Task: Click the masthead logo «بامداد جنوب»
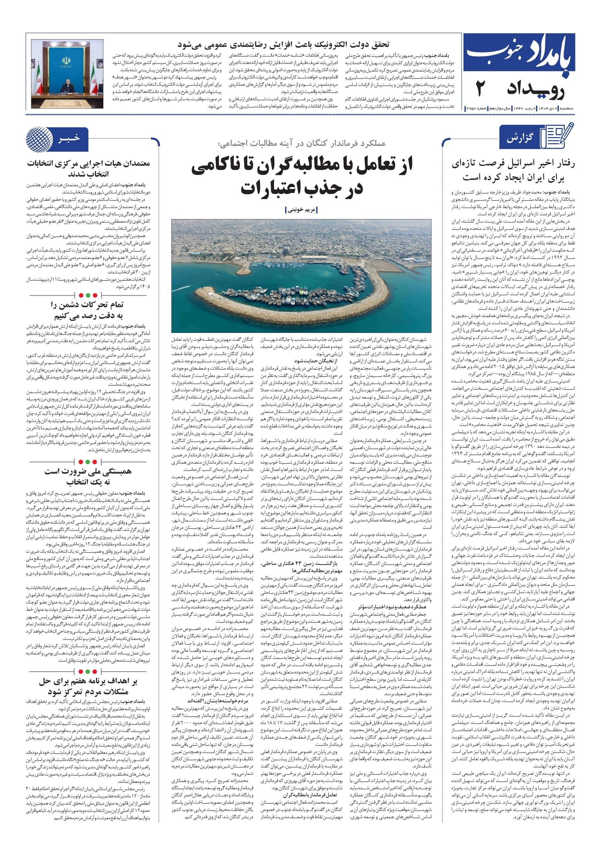tap(519, 55)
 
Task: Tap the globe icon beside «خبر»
tap(39, 139)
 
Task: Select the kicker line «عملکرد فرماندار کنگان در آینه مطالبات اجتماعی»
tap(301, 143)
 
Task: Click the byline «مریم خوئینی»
tap(301, 210)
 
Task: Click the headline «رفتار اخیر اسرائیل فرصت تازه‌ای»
tap(513, 163)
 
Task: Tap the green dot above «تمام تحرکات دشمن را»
tap(95, 295)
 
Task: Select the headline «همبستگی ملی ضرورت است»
tap(88, 471)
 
